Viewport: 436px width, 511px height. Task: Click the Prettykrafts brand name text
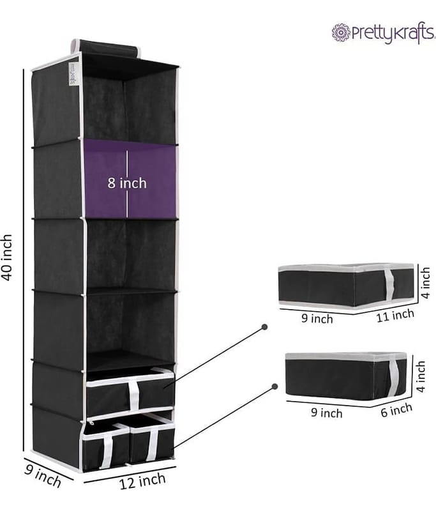click(x=393, y=33)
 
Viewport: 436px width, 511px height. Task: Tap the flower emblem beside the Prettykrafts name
click(x=341, y=33)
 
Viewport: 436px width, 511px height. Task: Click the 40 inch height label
click(x=7, y=257)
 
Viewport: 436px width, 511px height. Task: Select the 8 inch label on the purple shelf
click(x=127, y=183)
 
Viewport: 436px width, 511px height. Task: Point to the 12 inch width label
click(x=142, y=481)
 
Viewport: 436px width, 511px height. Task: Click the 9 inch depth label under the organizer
click(x=43, y=476)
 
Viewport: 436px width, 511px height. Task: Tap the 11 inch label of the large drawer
click(x=395, y=316)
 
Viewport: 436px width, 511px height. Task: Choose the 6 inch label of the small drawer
click(x=396, y=410)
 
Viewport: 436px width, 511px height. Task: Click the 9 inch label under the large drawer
click(x=317, y=318)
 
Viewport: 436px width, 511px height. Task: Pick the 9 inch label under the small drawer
click(x=327, y=413)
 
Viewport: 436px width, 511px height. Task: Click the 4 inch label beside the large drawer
click(x=425, y=282)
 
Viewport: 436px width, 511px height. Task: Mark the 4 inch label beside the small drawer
click(x=421, y=376)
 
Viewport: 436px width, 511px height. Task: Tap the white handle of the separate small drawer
click(x=394, y=377)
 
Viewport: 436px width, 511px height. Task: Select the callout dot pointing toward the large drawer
click(x=265, y=326)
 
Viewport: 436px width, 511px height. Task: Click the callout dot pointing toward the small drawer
click(x=275, y=386)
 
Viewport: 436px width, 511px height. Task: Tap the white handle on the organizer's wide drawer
click(x=134, y=395)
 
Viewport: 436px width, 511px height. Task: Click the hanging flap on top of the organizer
click(x=107, y=49)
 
